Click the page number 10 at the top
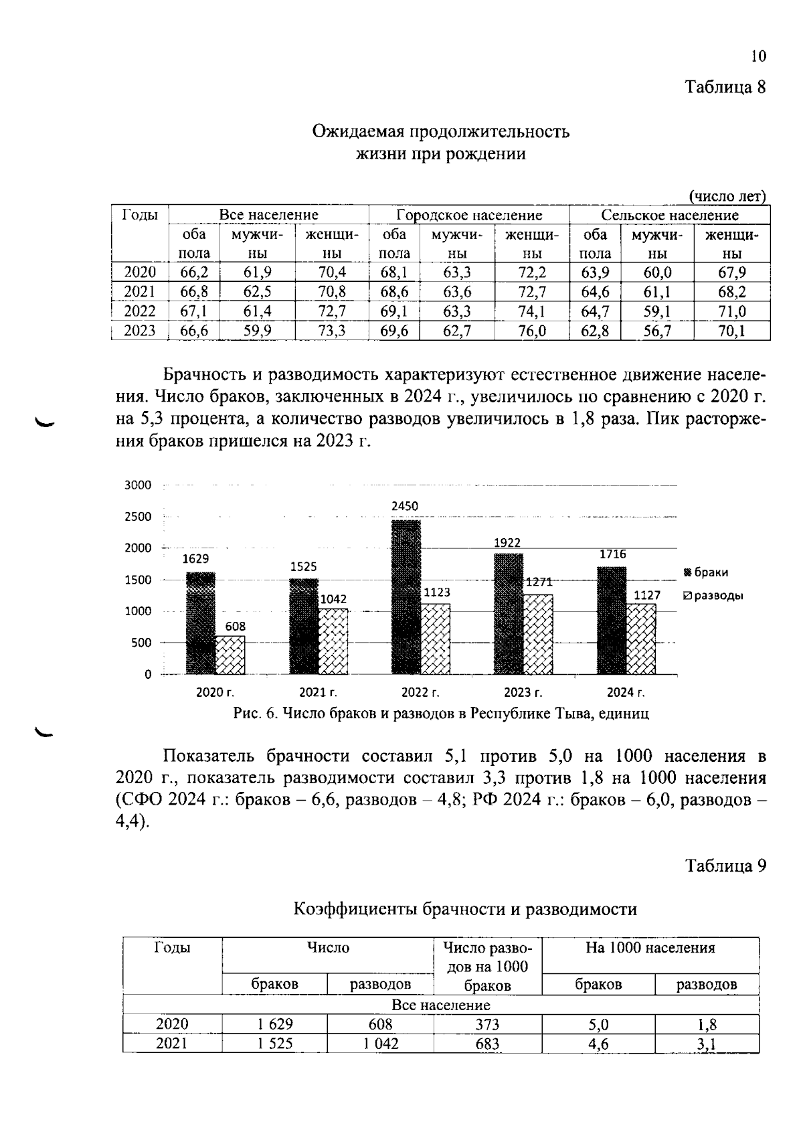(758, 57)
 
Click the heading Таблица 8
(725, 88)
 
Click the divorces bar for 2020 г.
(230, 655)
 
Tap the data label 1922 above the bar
(507, 543)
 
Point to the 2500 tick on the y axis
(139, 517)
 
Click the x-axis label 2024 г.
(626, 692)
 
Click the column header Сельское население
(670, 216)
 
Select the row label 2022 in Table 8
(140, 311)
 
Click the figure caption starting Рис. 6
(441, 714)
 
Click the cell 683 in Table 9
(487, 1044)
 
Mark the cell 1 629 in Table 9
(275, 1024)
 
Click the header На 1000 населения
(650, 949)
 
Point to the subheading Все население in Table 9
(441, 1005)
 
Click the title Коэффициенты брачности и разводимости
(465, 909)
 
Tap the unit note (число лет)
(727, 197)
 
